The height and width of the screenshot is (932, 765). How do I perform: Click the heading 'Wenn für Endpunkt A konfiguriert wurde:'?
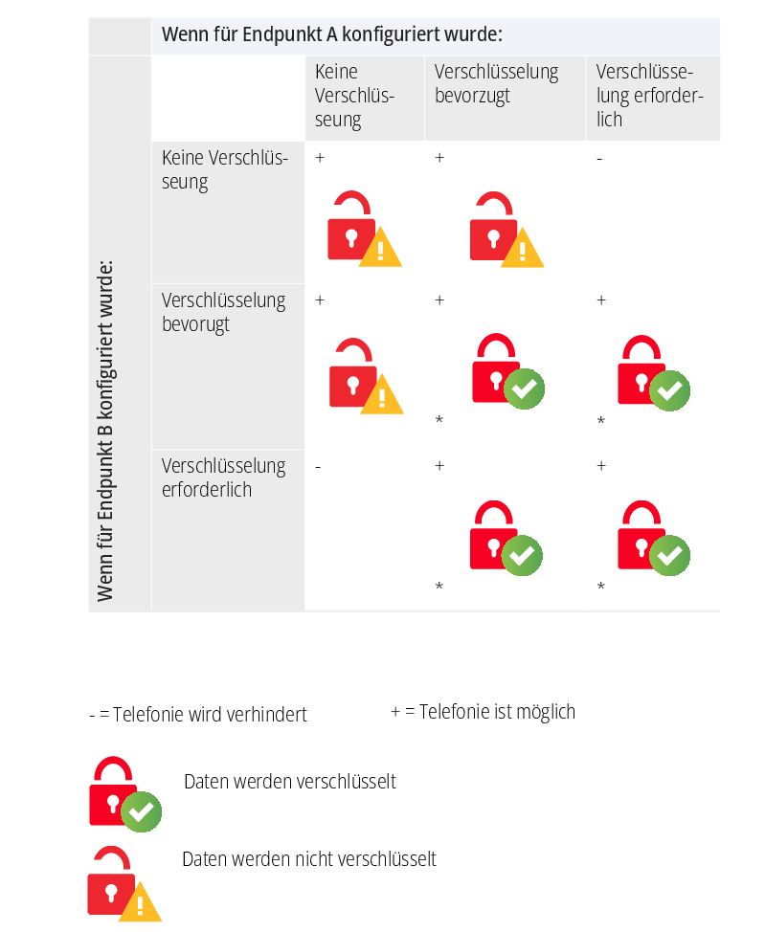pyautogui.click(x=332, y=35)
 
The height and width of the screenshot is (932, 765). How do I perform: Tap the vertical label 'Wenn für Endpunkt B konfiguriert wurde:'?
pyautogui.click(x=105, y=431)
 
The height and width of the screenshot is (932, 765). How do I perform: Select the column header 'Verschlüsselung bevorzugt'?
pyautogui.click(x=496, y=83)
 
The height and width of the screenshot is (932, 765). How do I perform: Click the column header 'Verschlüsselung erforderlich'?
pyautogui.click(x=649, y=95)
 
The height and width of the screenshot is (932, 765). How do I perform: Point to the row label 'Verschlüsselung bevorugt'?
pyautogui.click(x=223, y=312)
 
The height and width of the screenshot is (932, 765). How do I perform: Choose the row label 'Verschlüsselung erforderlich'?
pyautogui.click(x=223, y=477)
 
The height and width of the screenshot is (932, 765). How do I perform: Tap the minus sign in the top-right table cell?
pyautogui.click(x=599, y=159)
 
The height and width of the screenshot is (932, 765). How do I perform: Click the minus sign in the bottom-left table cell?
pyautogui.click(x=318, y=467)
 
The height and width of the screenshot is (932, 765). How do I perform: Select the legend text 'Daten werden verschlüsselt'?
pyautogui.click(x=290, y=782)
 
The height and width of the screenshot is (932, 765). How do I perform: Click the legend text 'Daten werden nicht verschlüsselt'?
pyautogui.click(x=309, y=859)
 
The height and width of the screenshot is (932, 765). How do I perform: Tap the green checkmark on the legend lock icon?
pyautogui.click(x=142, y=812)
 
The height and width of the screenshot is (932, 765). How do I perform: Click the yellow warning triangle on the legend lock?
pyautogui.click(x=141, y=902)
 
